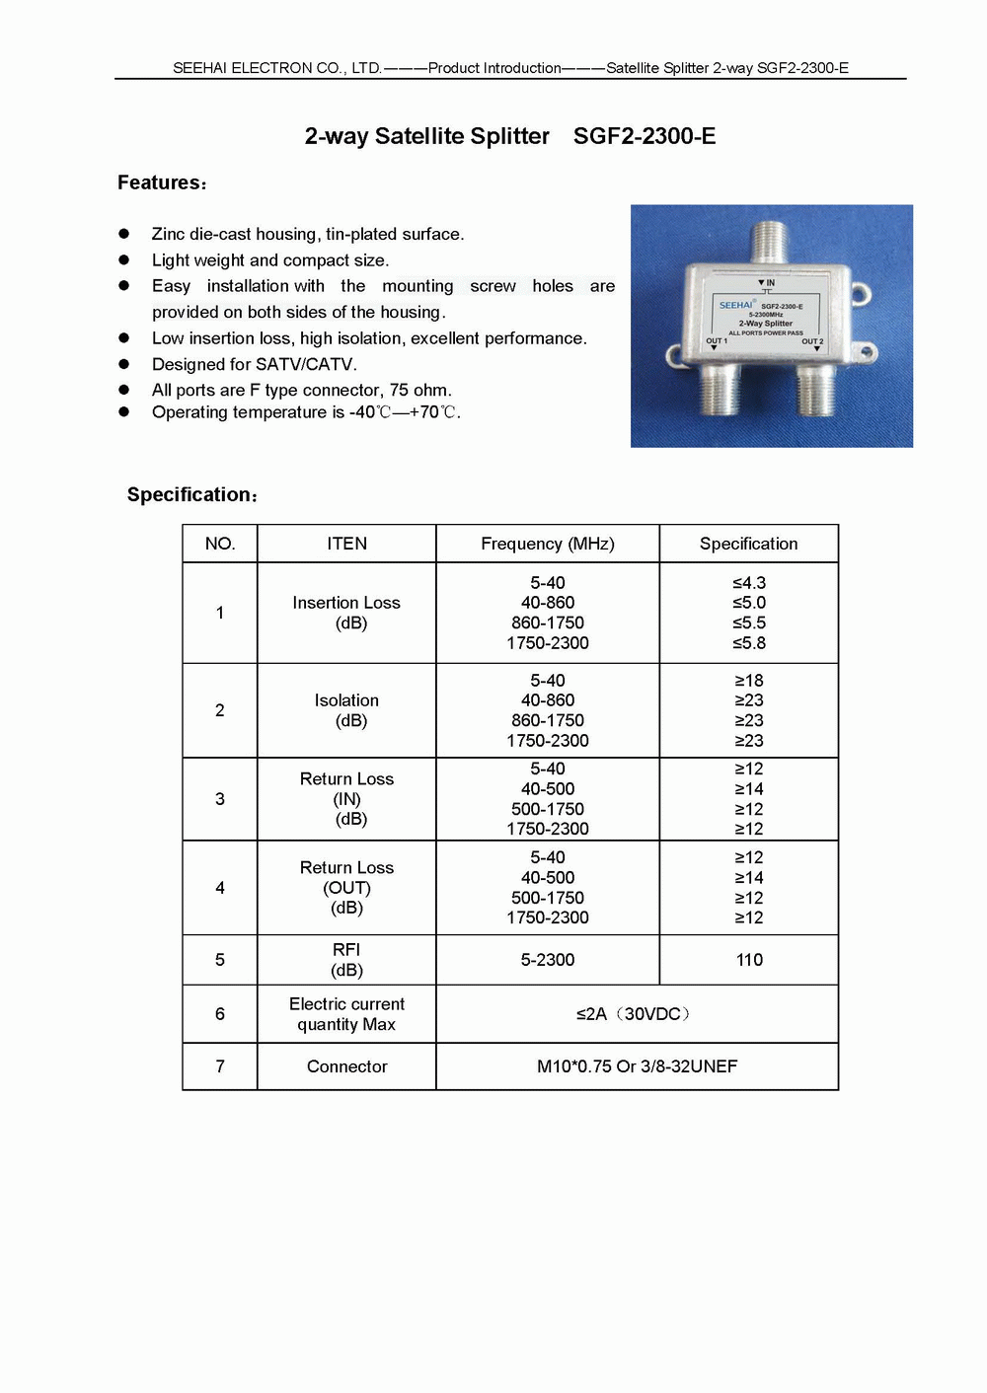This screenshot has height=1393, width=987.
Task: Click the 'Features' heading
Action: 161,183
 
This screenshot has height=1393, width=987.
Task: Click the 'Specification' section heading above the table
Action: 191,495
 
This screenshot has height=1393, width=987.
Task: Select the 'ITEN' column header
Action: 346,544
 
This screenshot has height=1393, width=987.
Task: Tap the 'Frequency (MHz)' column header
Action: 547,544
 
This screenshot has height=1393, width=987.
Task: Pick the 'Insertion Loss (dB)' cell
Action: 346,613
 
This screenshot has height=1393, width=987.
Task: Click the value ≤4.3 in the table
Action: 749,583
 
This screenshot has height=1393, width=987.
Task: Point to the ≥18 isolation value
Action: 749,681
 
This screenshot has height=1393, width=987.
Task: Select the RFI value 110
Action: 749,960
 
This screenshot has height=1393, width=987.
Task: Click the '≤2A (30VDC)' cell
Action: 637,1014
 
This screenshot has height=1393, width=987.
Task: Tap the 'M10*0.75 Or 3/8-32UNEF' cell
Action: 637,1066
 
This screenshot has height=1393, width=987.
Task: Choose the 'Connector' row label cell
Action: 346,1066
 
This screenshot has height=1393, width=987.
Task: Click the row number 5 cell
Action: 220,960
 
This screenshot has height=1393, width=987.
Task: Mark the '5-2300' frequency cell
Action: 547,960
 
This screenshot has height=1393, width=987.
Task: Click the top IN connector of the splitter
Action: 768,242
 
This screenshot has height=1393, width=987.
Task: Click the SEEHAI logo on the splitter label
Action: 736,305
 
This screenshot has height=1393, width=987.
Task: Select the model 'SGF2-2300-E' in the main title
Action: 645,136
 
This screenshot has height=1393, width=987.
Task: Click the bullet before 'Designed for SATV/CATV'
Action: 124,364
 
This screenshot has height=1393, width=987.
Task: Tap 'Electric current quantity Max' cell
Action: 346,1014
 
